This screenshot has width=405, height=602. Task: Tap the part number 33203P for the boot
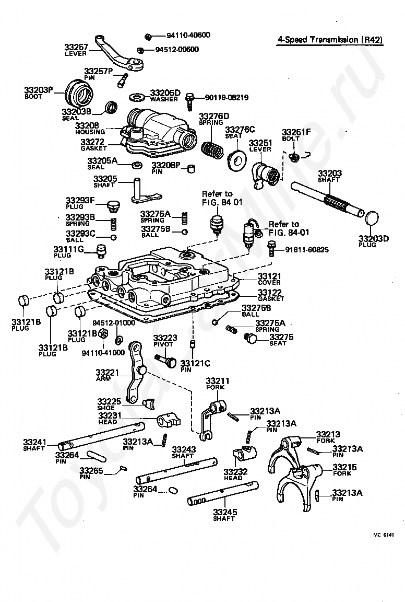pos(39,90)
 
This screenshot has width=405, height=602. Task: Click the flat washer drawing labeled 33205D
pos(139,97)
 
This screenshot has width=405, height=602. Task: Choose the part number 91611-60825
pos(306,250)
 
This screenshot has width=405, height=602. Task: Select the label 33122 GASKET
pos(270,295)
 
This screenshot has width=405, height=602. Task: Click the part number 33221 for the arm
pos(108,372)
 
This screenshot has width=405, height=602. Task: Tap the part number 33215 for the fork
pos(344,467)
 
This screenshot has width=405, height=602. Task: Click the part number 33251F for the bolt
pos(296,132)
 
